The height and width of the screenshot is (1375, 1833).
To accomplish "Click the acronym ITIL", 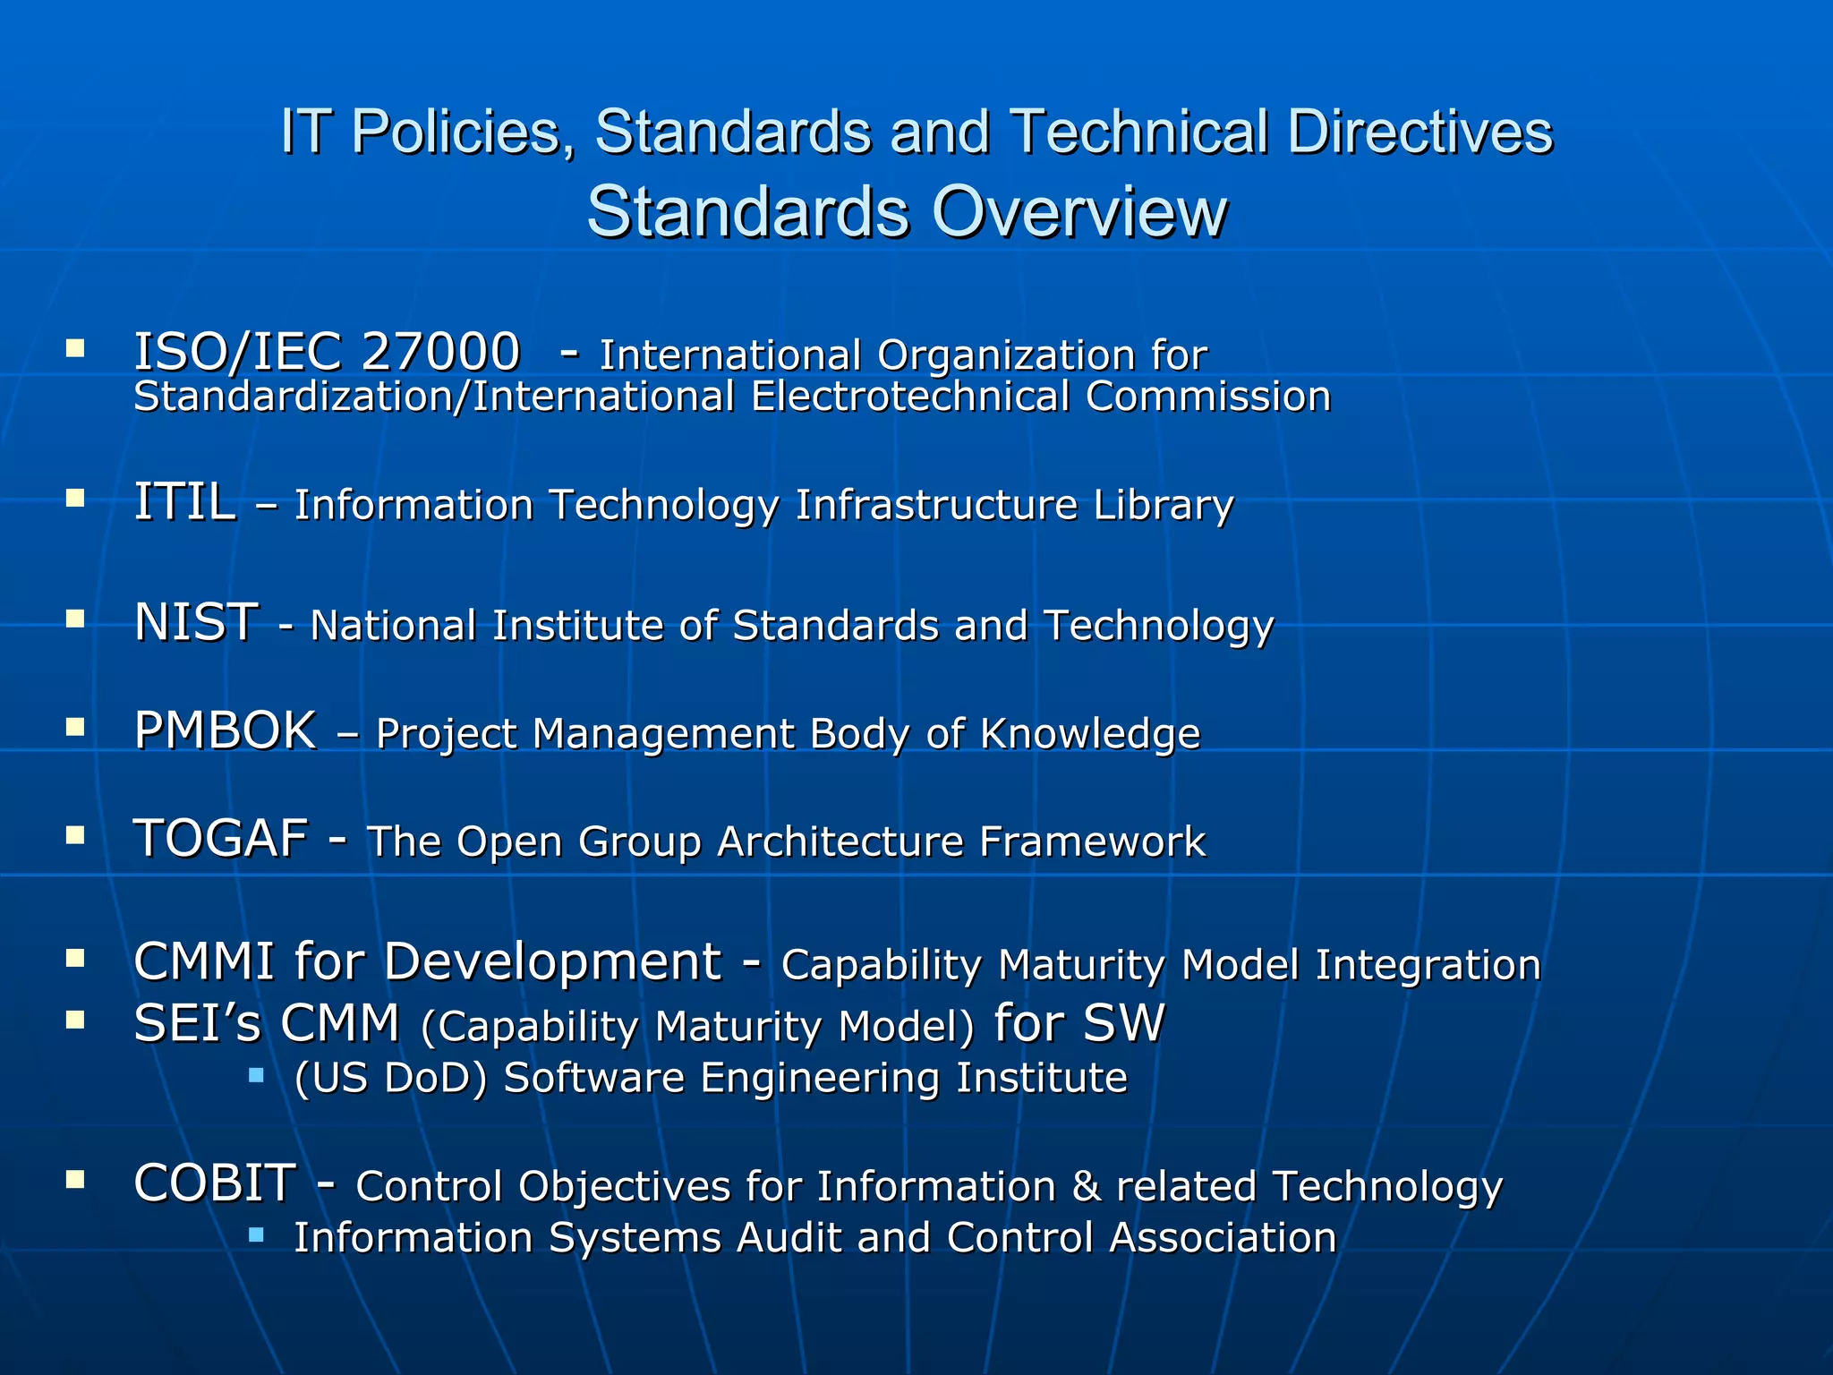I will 184,502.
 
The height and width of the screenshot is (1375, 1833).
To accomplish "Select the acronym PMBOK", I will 225,730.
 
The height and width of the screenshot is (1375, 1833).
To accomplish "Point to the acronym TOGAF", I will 220,840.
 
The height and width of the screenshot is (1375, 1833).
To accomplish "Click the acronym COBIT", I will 215,1183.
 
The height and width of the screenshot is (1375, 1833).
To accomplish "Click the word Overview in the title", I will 1078,212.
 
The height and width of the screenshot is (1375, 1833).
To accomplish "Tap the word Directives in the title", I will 1420,132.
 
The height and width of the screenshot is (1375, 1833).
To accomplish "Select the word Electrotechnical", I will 910,397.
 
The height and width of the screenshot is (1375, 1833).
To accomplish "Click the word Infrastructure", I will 936,505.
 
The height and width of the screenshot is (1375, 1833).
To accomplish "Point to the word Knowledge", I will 1090,734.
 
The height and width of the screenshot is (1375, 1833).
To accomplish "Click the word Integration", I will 1428,965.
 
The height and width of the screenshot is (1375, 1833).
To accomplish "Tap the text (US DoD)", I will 390,1078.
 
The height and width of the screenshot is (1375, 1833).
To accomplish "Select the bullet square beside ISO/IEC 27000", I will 75,347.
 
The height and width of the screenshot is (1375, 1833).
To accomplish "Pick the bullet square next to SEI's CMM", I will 75,1020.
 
